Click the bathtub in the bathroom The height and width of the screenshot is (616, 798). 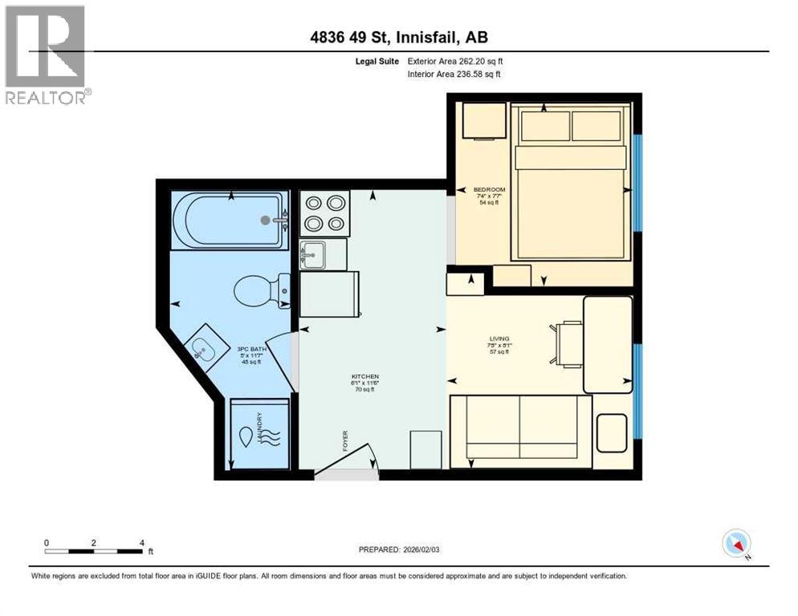pos(229,219)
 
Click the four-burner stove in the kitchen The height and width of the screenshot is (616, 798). pos(324,213)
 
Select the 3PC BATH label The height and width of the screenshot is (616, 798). pos(251,349)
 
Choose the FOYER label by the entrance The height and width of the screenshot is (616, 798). pos(345,440)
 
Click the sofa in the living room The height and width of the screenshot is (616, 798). pos(520,431)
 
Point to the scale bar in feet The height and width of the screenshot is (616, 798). pos(96,550)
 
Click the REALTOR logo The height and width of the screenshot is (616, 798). pos(46,54)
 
